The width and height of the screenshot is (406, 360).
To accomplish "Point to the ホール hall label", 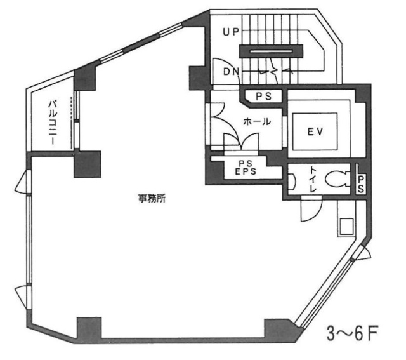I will tap(258, 122).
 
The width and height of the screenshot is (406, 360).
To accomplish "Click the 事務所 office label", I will tap(152, 198).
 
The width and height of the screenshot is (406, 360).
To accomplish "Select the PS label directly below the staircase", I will tap(263, 96).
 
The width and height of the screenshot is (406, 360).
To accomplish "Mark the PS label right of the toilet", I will tap(360, 185).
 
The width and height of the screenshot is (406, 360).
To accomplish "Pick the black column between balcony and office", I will tap(88, 164).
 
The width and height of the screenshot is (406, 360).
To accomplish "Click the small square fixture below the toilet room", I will tap(346, 225).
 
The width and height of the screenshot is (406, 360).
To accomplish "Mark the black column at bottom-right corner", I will tap(279, 328).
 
